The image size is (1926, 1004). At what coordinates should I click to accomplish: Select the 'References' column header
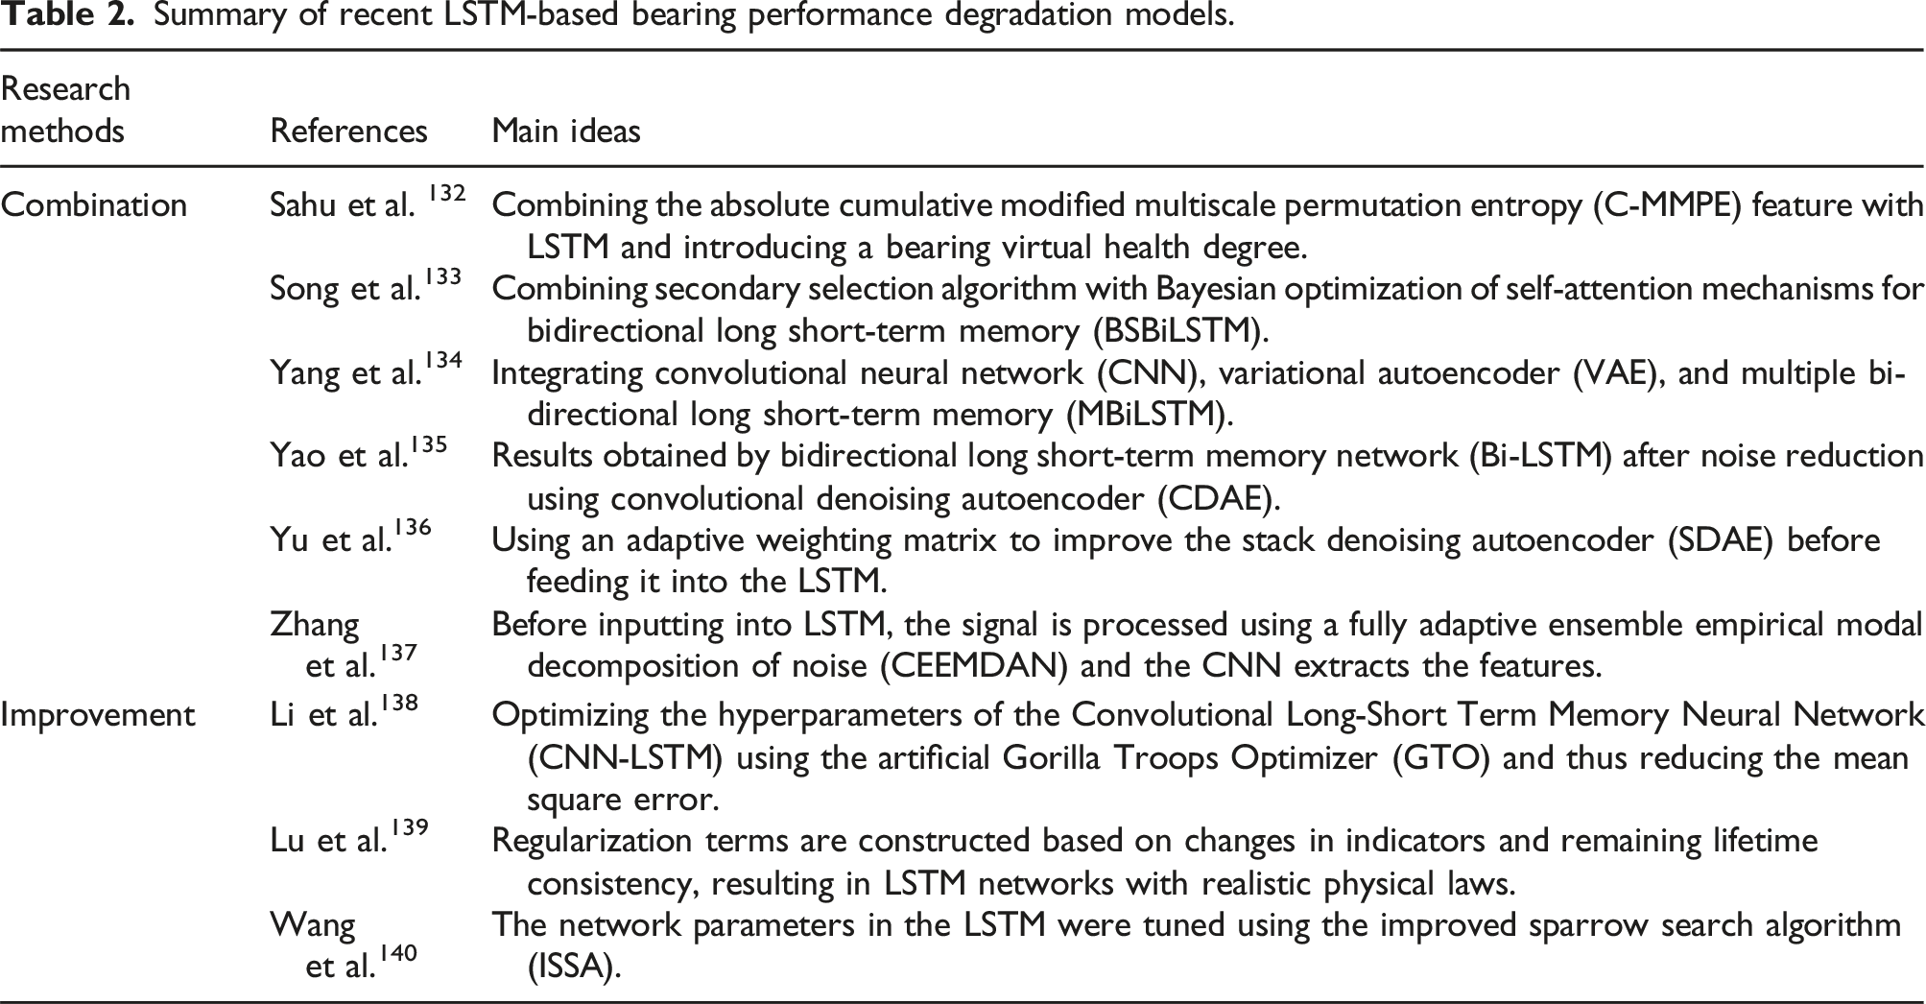[348, 131]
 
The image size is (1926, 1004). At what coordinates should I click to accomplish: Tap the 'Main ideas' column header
[566, 131]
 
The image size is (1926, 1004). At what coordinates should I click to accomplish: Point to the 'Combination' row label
[94, 205]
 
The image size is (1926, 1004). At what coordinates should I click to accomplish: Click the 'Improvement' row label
[98, 715]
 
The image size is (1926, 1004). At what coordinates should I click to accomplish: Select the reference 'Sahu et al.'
[343, 205]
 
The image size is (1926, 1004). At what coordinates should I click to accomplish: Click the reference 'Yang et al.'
[346, 372]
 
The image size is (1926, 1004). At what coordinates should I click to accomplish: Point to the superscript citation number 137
[398, 652]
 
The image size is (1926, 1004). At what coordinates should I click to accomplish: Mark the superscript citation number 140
[398, 953]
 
